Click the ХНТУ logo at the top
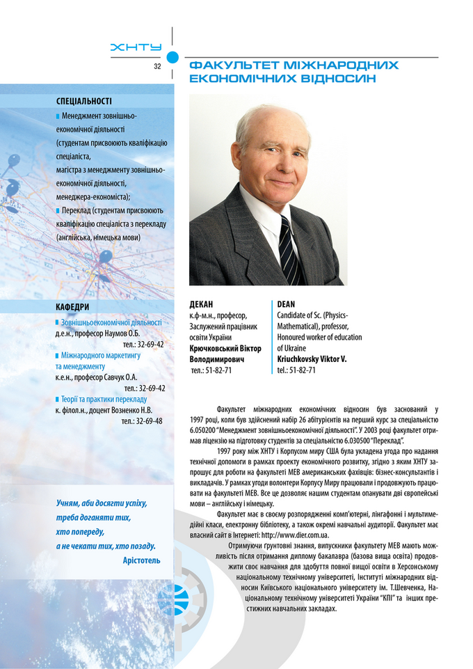[136, 47]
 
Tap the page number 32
[157, 66]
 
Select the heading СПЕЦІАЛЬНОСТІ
[84, 101]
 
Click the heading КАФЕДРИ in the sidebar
[73, 307]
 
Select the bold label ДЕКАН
[201, 305]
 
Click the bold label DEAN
[286, 305]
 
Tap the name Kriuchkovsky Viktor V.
[311, 359]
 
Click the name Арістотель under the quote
[141, 560]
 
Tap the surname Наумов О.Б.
[122, 333]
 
